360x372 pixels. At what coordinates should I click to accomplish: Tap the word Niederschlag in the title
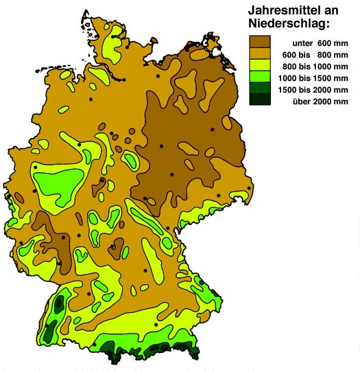pos(288,25)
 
